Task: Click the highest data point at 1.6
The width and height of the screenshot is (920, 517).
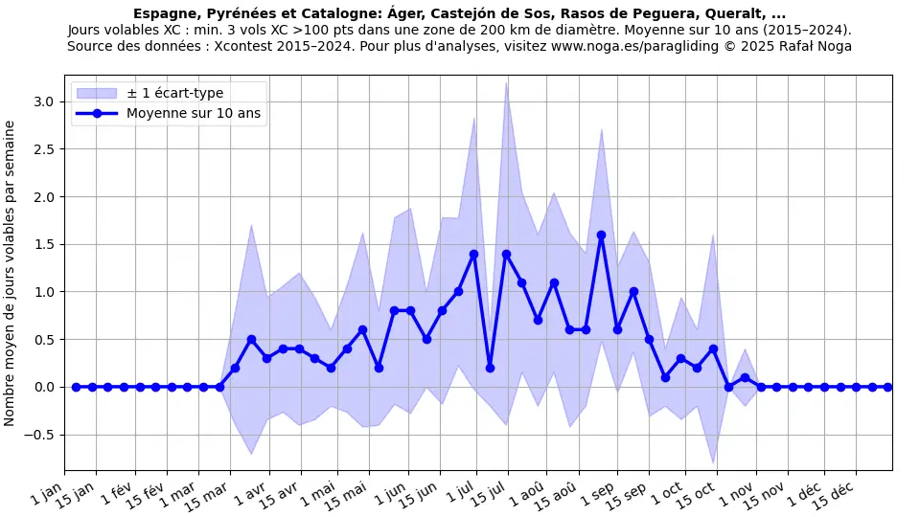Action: [601, 235]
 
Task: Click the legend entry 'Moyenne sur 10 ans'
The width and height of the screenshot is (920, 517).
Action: [194, 113]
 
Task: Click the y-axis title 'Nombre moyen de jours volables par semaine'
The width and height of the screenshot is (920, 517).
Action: [11, 273]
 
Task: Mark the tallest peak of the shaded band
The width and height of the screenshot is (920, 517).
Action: [506, 82]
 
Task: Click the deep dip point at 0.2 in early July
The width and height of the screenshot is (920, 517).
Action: [490, 368]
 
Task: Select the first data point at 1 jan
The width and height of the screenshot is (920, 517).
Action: [76, 387]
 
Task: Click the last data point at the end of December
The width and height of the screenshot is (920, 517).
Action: [887, 387]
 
